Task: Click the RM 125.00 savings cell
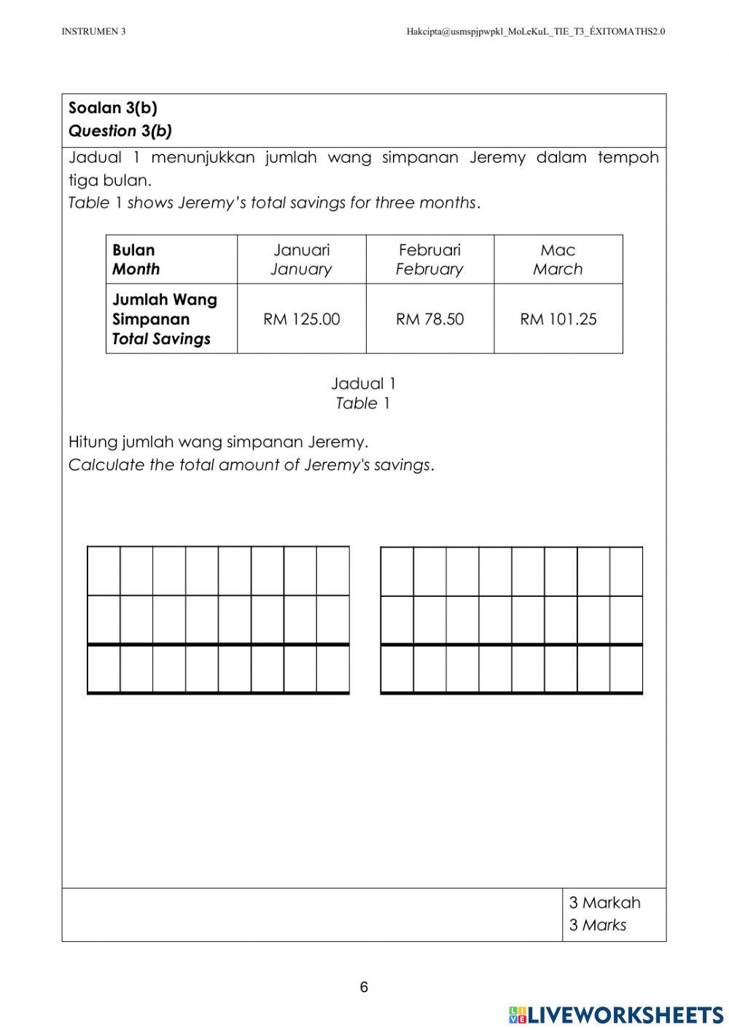click(301, 319)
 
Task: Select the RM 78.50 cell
click(429, 319)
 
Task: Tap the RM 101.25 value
click(558, 319)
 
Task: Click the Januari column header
click(301, 260)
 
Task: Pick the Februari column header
click(429, 260)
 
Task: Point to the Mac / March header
click(558, 260)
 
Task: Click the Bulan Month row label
click(136, 260)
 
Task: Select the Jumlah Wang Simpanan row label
click(164, 319)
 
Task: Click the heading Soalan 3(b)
click(113, 108)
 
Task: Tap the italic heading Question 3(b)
click(120, 131)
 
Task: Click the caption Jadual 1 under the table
click(363, 383)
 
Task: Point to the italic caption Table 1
click(363, 403)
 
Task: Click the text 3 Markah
click(604, 902)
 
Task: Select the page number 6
click(364, 987)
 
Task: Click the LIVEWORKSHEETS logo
click(615, 1014)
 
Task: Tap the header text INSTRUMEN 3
click(93, 31)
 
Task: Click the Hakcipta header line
click(535, 31)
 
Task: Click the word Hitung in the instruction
click(93, 442)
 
